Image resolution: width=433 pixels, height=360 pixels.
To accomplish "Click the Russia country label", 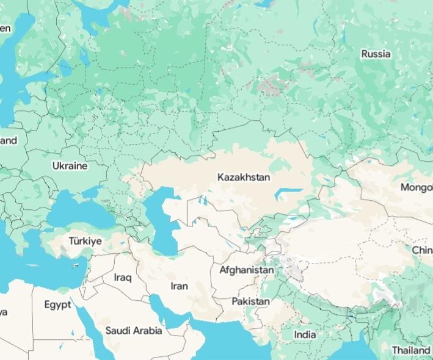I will click(376, 54).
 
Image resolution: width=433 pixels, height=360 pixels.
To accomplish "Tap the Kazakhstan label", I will click(243, 178).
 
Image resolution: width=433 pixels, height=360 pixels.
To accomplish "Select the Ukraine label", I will click(70, 165).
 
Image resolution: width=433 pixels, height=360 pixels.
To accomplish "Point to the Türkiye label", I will click(85, 241).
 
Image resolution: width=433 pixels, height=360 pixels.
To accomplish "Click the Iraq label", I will click(122, 278).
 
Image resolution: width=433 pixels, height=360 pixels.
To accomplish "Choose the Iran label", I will click(179, 286).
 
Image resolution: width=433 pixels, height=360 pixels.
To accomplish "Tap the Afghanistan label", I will click(246, 269).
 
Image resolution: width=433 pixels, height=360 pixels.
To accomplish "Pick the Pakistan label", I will click(250, 301).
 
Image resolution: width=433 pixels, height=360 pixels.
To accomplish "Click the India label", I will click(305, 334).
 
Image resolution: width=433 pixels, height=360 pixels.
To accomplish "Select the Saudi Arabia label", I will click(134, 331).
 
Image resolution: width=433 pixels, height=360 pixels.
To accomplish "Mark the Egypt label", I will click(57, 304).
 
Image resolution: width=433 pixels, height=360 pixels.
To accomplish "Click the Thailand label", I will click(410, 350).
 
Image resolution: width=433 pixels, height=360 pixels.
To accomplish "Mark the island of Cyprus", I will click(78, 265).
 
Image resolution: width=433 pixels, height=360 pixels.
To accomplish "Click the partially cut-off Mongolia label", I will click(417, 187).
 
